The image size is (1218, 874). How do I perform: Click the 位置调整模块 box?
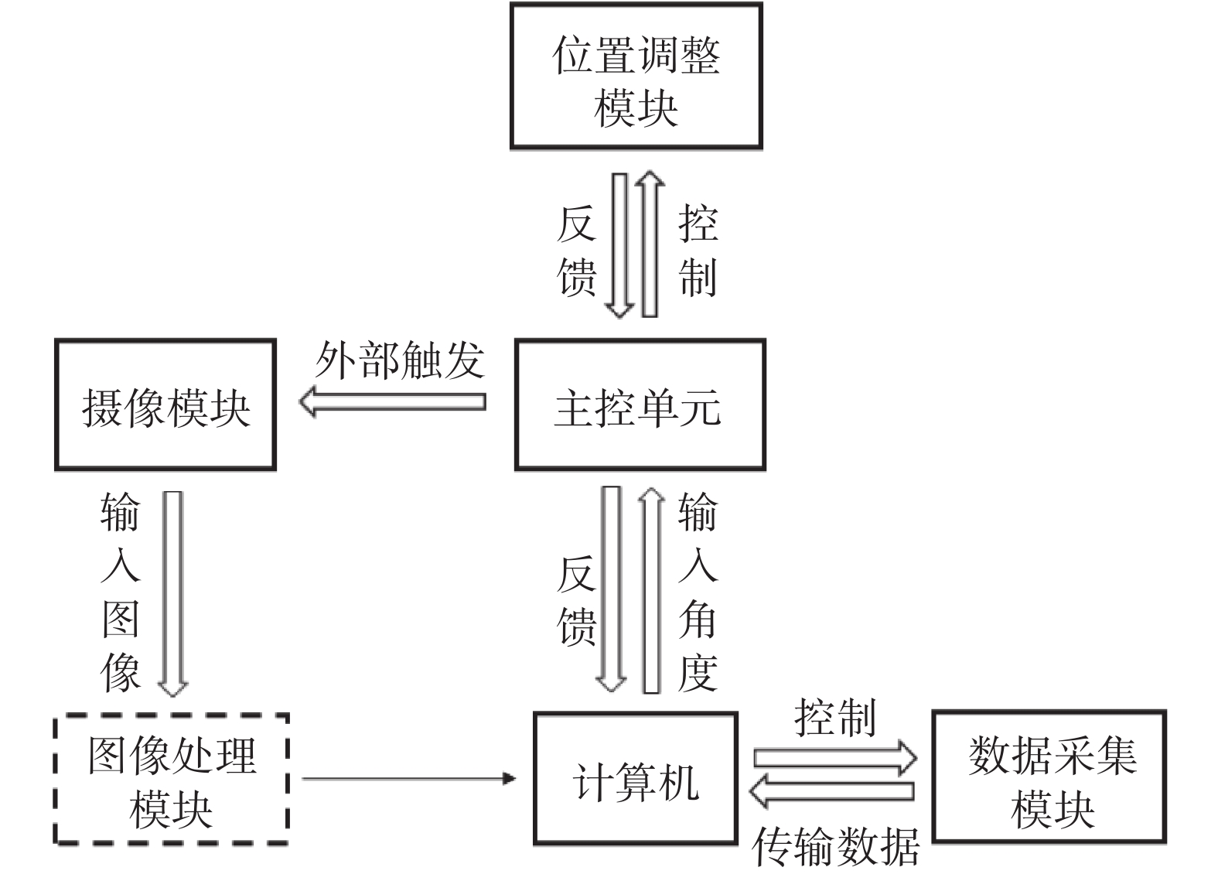coord(636,76)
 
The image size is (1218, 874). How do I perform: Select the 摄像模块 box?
coord(165,405)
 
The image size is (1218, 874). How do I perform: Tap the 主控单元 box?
coord(640,405)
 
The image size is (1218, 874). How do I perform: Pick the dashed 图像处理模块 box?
coord(171,779)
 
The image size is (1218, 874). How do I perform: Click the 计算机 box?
coord(635,779)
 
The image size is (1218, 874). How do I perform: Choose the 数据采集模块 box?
coord(1049,777)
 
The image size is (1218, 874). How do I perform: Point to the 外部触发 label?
coord(399,360)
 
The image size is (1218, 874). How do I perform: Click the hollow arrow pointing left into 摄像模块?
coord(393,402)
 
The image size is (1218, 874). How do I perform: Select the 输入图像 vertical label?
coord(121,592)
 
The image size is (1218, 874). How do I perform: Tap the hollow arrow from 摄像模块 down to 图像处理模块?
coord(173,592)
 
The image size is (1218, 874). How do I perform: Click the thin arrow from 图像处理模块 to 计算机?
coord(408,778)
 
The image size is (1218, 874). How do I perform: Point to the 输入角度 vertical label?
coord(698,592)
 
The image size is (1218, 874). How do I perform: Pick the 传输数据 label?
coord(835,847)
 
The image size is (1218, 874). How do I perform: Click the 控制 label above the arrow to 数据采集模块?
coord(835,718)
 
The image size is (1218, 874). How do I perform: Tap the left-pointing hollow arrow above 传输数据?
coord(832,791)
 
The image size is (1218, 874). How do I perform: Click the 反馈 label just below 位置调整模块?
coord(577,250)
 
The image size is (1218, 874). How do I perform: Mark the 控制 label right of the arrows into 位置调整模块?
coord(698,250)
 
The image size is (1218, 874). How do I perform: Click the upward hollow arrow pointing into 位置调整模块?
coord(650,244)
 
